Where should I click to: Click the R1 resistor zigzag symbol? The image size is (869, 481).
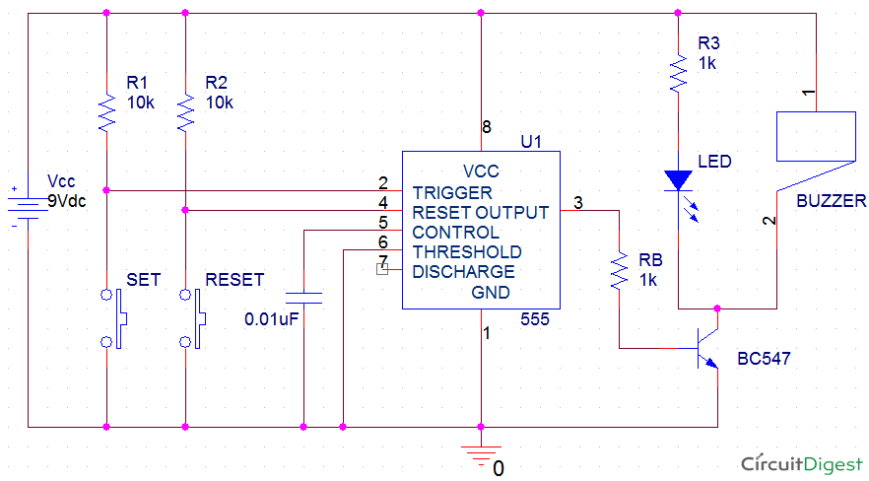pos(106,111)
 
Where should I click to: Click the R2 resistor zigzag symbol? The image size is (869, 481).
pos(185,111)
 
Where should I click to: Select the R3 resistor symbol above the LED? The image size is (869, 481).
pos(678,73)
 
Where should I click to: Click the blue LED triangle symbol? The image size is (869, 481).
pos(678,180)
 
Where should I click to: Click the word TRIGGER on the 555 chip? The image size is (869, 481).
pos(452,192)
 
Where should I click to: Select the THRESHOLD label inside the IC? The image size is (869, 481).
pos(467,252)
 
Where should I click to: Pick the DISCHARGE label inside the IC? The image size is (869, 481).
pos(463,271)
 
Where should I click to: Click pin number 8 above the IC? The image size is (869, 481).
pos(486,126)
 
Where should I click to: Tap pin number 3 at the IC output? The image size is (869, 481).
pos(577,203)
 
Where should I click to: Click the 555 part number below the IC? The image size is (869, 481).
pos(535,320)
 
